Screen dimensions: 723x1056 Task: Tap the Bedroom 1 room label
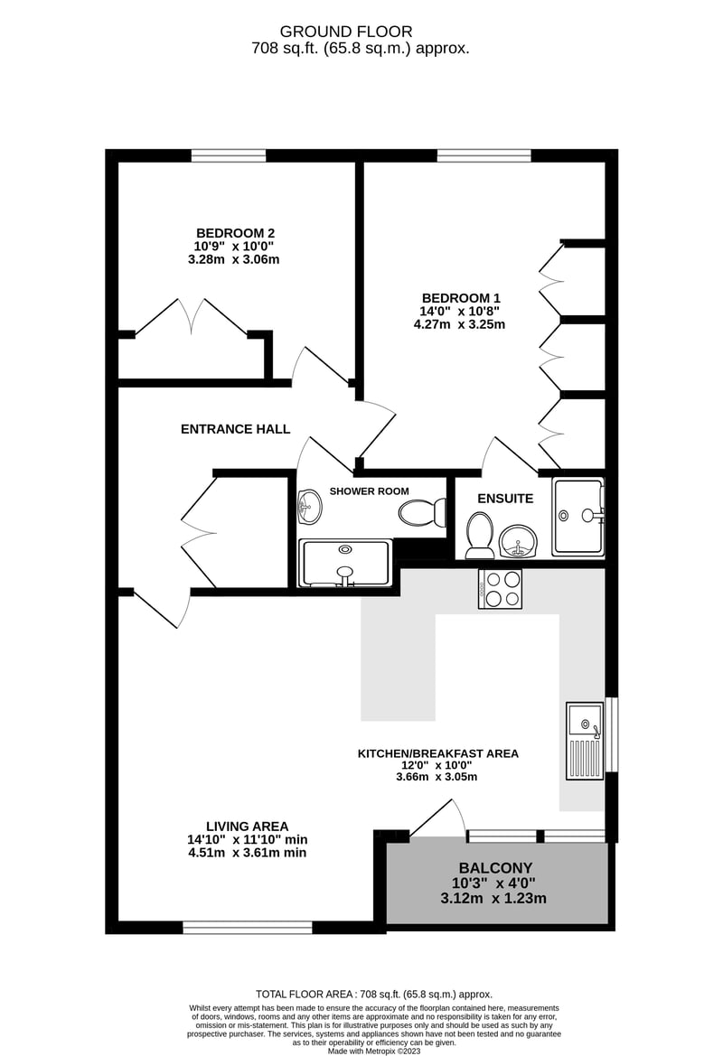[461, 298]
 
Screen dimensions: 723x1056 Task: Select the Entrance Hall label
[235, 429]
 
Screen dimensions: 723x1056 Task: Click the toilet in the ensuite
[480, 536]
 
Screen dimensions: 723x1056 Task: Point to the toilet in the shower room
[422, 513]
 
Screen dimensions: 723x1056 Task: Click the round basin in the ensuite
[518, 541]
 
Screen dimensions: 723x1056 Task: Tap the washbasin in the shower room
[309, 506]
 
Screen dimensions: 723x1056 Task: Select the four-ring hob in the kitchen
[499, 589]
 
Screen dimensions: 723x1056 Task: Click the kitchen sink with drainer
[585, 741]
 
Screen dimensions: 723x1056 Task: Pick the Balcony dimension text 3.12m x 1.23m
[493, 899]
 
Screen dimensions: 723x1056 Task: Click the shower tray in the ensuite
[577, 517]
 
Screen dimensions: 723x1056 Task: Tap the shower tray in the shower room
[345, 563]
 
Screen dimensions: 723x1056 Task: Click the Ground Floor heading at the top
[345, 32]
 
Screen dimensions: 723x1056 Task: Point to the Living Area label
[248, 827]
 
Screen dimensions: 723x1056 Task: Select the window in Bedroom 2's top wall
[229, 156]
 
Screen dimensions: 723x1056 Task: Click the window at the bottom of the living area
[248, 928]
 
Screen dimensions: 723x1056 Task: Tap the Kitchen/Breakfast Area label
[438, 753]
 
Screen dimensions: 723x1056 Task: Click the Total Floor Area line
[374, 994]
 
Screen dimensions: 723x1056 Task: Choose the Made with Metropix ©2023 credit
[374, 1051]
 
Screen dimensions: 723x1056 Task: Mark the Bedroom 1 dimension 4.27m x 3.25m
[459, 324]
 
